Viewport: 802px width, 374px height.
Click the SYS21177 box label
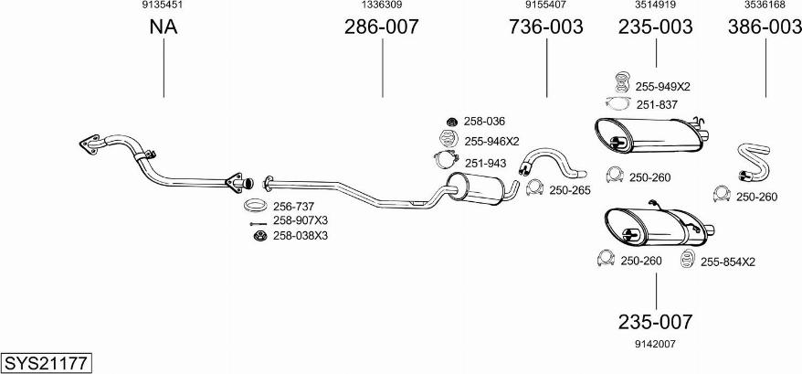tap(46, 363)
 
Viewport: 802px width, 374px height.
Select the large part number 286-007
tap(381, 27)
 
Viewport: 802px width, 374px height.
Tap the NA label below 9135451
tap(163, 27)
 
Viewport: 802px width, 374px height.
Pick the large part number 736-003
tap(545, 27)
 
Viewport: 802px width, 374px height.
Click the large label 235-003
tap(655, 27)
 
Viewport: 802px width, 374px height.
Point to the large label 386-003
tap(765, 27)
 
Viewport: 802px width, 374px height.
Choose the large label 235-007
tap(655, 322)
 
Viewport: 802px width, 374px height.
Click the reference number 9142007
tap(655, 344)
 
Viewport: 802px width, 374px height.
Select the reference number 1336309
tap(382, 5)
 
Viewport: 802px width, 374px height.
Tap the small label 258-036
tap(484, 121)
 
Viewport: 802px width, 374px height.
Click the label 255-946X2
tap(491, 142)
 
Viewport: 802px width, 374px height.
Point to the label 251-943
tap(484, 163)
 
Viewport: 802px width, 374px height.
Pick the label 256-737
tap(294, 206)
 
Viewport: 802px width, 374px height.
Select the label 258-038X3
tap(301, 236)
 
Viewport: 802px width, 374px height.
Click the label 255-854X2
tap(728, 262)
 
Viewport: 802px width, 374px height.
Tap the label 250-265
tap(572, 189)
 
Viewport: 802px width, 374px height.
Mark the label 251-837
tap(656, 105)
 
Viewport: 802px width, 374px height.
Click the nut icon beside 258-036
tap(450, 121)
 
